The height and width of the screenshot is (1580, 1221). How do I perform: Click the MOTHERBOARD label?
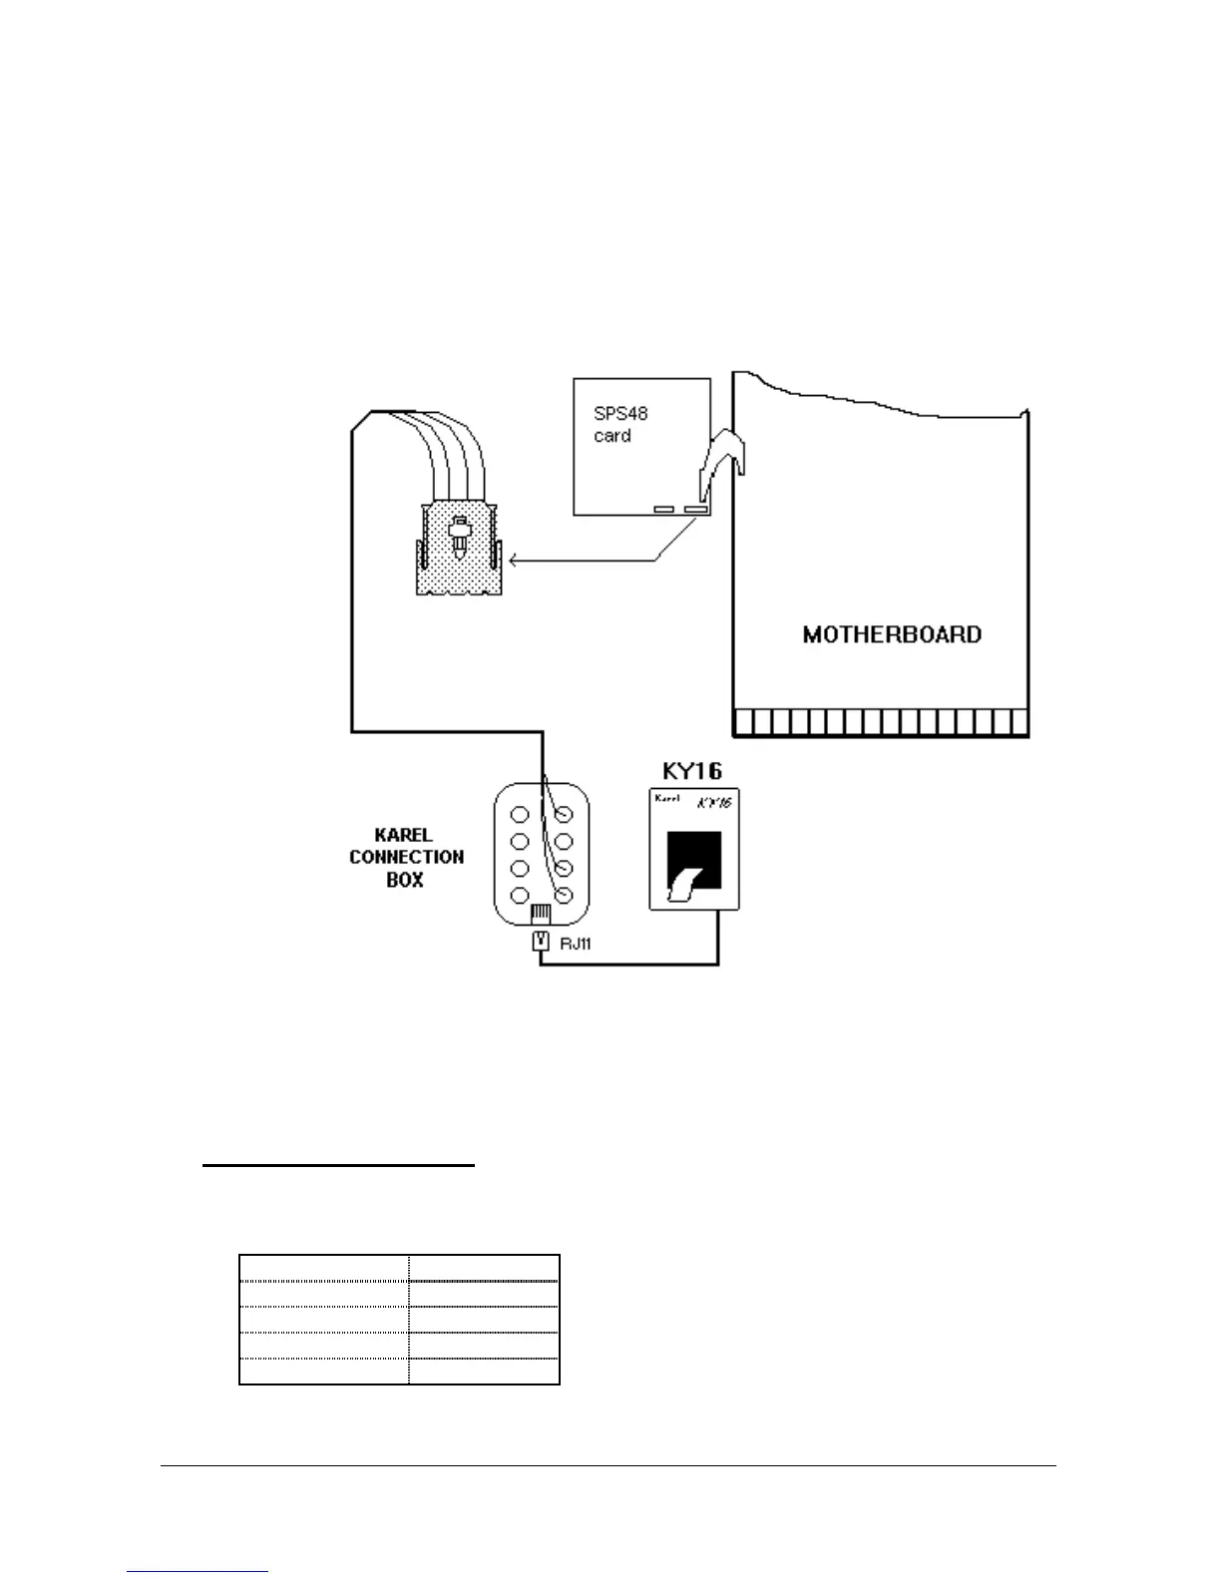(x=892, y=634)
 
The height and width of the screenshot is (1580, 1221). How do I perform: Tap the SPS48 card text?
(x=620, y=425)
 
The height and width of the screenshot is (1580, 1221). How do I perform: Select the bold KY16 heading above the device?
(x=692, y=771)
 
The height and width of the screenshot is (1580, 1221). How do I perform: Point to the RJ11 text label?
(x=575, y=943)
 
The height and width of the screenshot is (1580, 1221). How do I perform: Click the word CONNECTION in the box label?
(x=406, y=857)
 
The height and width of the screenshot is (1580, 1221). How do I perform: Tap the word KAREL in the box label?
(x=404, y=835)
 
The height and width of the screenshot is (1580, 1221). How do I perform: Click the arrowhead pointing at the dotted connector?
(x=513, y=562)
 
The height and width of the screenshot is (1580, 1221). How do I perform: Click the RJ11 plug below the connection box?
(x=540, y=940)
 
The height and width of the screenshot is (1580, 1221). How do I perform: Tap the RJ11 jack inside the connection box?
(x=540, y=913)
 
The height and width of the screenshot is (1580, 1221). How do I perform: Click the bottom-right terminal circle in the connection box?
(x=564, y=895)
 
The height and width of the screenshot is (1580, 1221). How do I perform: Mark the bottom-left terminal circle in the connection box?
(x=520, y=895)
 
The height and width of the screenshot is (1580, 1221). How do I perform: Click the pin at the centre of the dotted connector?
(x=460, y=536)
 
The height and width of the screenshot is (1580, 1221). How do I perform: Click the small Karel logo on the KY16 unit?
(x=666, y=798)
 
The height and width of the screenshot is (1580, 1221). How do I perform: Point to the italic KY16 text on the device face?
(x=714, y=801)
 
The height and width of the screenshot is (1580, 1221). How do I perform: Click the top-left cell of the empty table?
(x=324, y=1268)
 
